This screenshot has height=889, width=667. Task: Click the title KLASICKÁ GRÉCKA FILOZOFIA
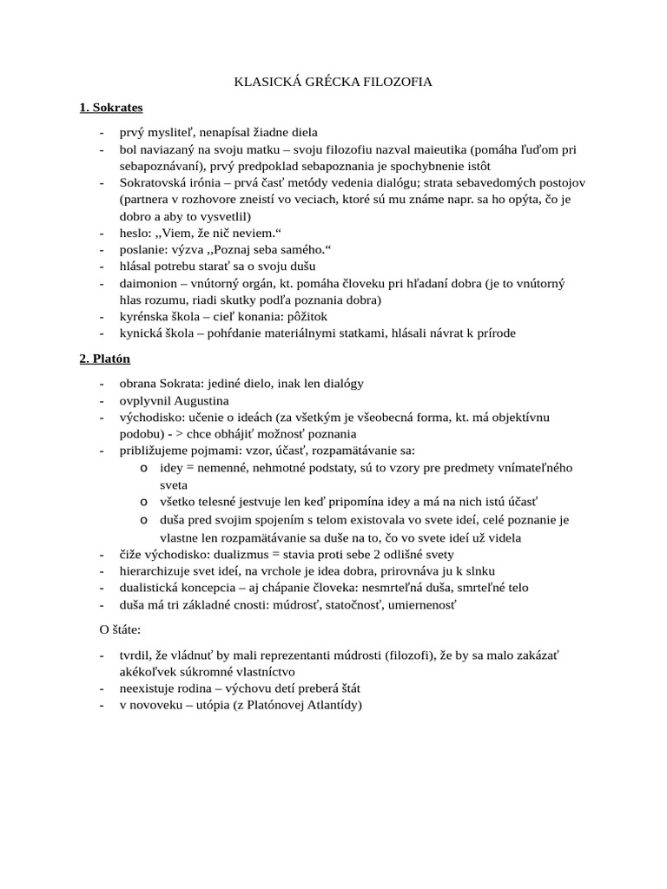(333, 82)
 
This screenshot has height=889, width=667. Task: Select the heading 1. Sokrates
(111, 108)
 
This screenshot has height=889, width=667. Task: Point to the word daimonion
(150, 283)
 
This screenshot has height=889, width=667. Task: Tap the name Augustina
(201, 400)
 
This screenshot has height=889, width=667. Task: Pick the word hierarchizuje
(157, 570)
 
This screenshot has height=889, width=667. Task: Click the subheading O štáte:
(118, 628)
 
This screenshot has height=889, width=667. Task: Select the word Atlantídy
(331, 704)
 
